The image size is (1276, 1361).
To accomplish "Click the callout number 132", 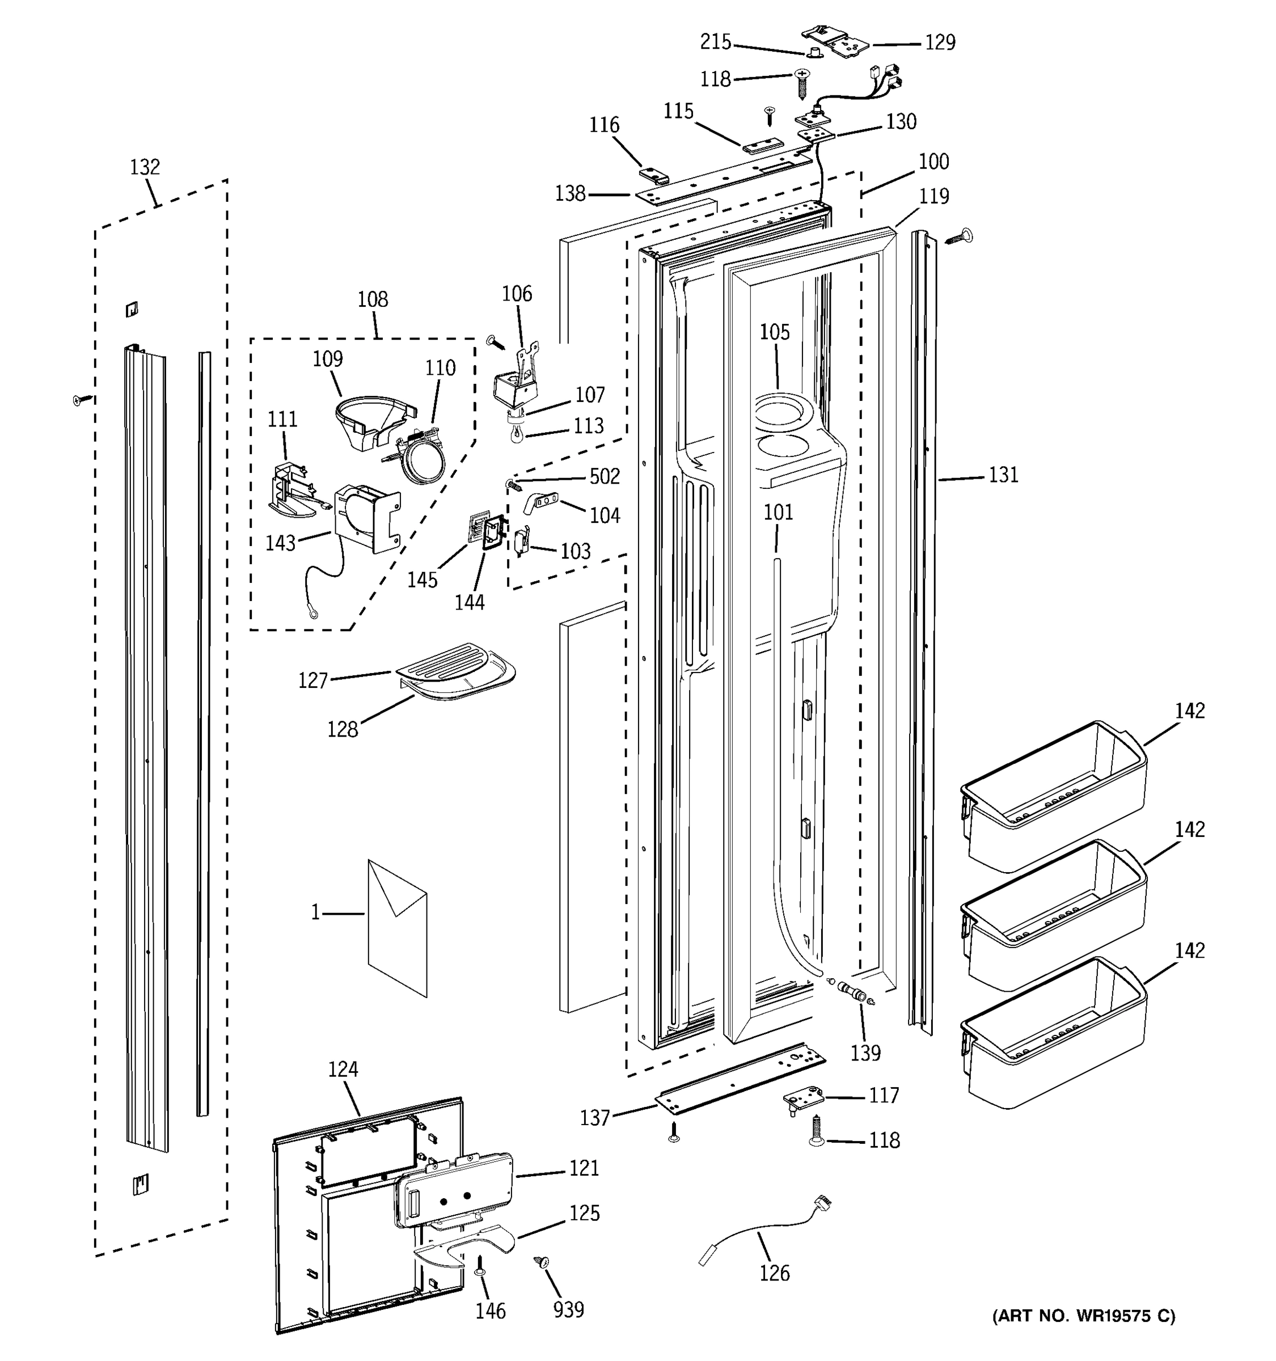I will tap(145, 167).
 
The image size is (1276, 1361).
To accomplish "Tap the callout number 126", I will tap(774, 1273).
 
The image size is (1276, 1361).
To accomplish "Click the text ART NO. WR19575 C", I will tap(1084, 1315).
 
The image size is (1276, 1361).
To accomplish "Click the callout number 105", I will tap(774, 332).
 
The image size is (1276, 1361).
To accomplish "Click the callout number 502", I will tap(605, 476).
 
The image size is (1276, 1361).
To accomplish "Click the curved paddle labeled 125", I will tap(466, 1245).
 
